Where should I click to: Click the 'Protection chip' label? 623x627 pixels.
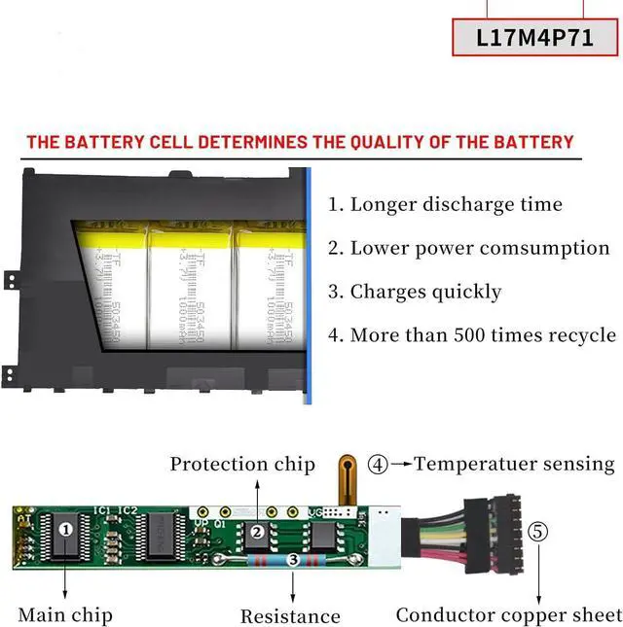(242, 464)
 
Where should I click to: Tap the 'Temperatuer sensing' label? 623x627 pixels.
(515, 464)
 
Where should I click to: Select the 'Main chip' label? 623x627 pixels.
(65, 614)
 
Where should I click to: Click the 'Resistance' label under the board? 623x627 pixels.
(290, 616)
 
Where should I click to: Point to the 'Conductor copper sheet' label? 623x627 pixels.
(508, 615)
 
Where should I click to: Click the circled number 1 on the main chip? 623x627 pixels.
(66, 531)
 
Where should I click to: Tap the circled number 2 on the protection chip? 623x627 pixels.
(258, 532)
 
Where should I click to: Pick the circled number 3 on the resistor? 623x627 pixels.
(293, 561)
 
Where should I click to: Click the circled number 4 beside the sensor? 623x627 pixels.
(378, 464)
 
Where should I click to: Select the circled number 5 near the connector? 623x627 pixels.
(538, 532)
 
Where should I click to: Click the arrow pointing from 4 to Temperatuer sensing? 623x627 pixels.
(401, 464)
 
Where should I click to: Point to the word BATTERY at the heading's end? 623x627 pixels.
(531, 142)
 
